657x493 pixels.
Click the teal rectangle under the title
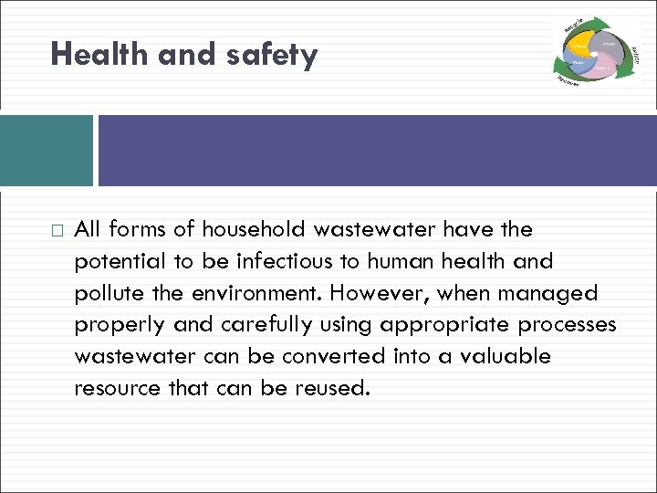pos(47,151)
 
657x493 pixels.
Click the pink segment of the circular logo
pos(603,66)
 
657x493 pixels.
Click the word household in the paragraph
pos(257,229)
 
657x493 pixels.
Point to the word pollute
pos(109,293)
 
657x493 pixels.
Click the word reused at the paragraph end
pos(333,388)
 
